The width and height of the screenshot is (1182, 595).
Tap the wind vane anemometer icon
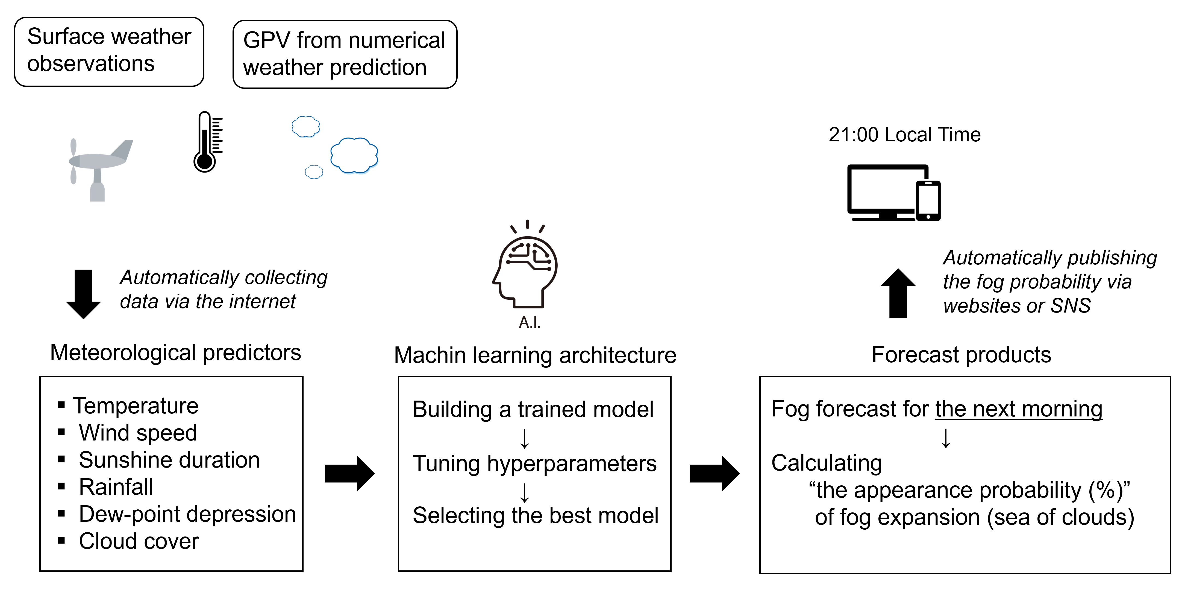pyautogui.click(x=99, y=168)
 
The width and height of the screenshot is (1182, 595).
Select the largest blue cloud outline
pyautogui.click(x=354, y=156)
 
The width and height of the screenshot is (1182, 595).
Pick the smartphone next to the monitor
pyautogui.click(x=928, y=201)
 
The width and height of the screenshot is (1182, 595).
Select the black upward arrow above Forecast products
pyautogui.click(x=898, y=293)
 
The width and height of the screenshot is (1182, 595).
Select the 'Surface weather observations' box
pyautogui.click(x=109, y=51)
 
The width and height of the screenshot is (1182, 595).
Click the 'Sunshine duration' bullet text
pyautogui.click(x=169, y=460)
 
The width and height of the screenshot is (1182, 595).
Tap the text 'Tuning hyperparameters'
pyautogui.click(x=534, y=464)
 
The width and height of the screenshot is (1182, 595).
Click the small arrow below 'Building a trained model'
pyautogui.click(x=524, y=438)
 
